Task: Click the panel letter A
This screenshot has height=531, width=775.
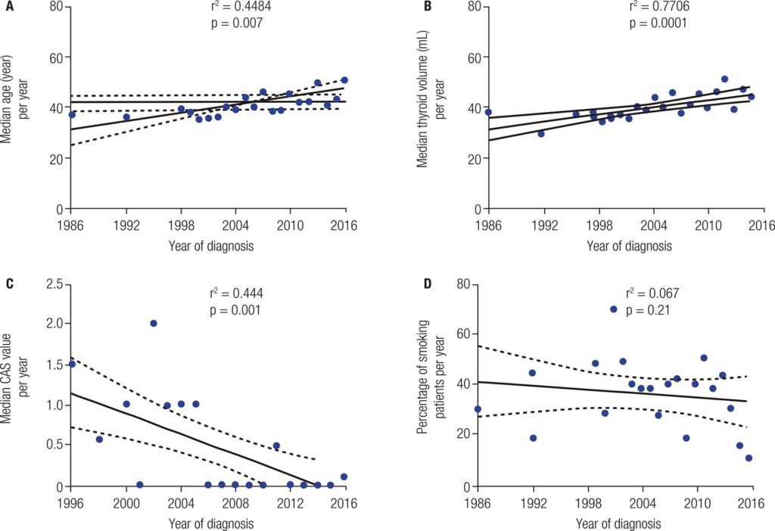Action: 9,6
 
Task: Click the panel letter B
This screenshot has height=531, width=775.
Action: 428,6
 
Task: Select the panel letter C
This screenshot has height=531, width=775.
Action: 9,284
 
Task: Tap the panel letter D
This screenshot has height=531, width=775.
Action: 428,284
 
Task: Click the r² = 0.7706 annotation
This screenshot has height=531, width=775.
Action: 655,6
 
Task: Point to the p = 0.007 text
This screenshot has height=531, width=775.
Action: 236,23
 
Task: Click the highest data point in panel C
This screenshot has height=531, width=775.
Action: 154,323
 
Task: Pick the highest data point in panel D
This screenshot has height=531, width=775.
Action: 614,309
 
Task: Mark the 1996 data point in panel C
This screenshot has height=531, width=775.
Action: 73,364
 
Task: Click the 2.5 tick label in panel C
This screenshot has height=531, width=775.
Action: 54,284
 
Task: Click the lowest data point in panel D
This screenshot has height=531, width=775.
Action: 749,458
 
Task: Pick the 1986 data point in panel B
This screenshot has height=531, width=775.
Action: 489,112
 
